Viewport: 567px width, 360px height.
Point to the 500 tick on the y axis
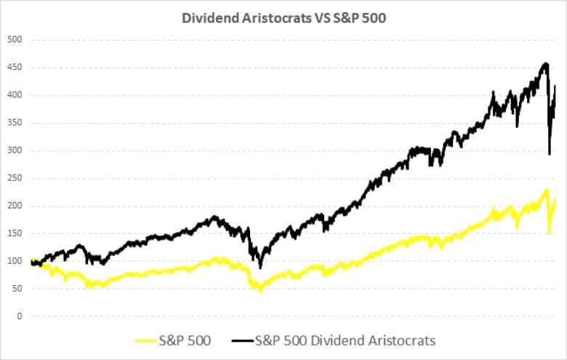[15, 40]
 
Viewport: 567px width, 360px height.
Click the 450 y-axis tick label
[15, 68]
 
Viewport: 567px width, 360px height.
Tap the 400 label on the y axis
[15, 95]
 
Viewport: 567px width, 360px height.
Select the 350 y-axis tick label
[15, 123]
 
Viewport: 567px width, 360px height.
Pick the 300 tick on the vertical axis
[15, 151]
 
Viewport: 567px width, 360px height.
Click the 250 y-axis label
[15, 178]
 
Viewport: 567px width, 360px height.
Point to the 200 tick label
[15, 206]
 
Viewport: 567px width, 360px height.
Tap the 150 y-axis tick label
[15, 233]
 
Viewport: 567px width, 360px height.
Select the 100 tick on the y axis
[15, 261]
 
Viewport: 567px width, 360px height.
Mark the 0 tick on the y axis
[19, 316]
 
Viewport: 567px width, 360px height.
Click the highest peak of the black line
[545, 64]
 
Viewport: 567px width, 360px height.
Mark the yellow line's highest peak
[546, 190]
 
